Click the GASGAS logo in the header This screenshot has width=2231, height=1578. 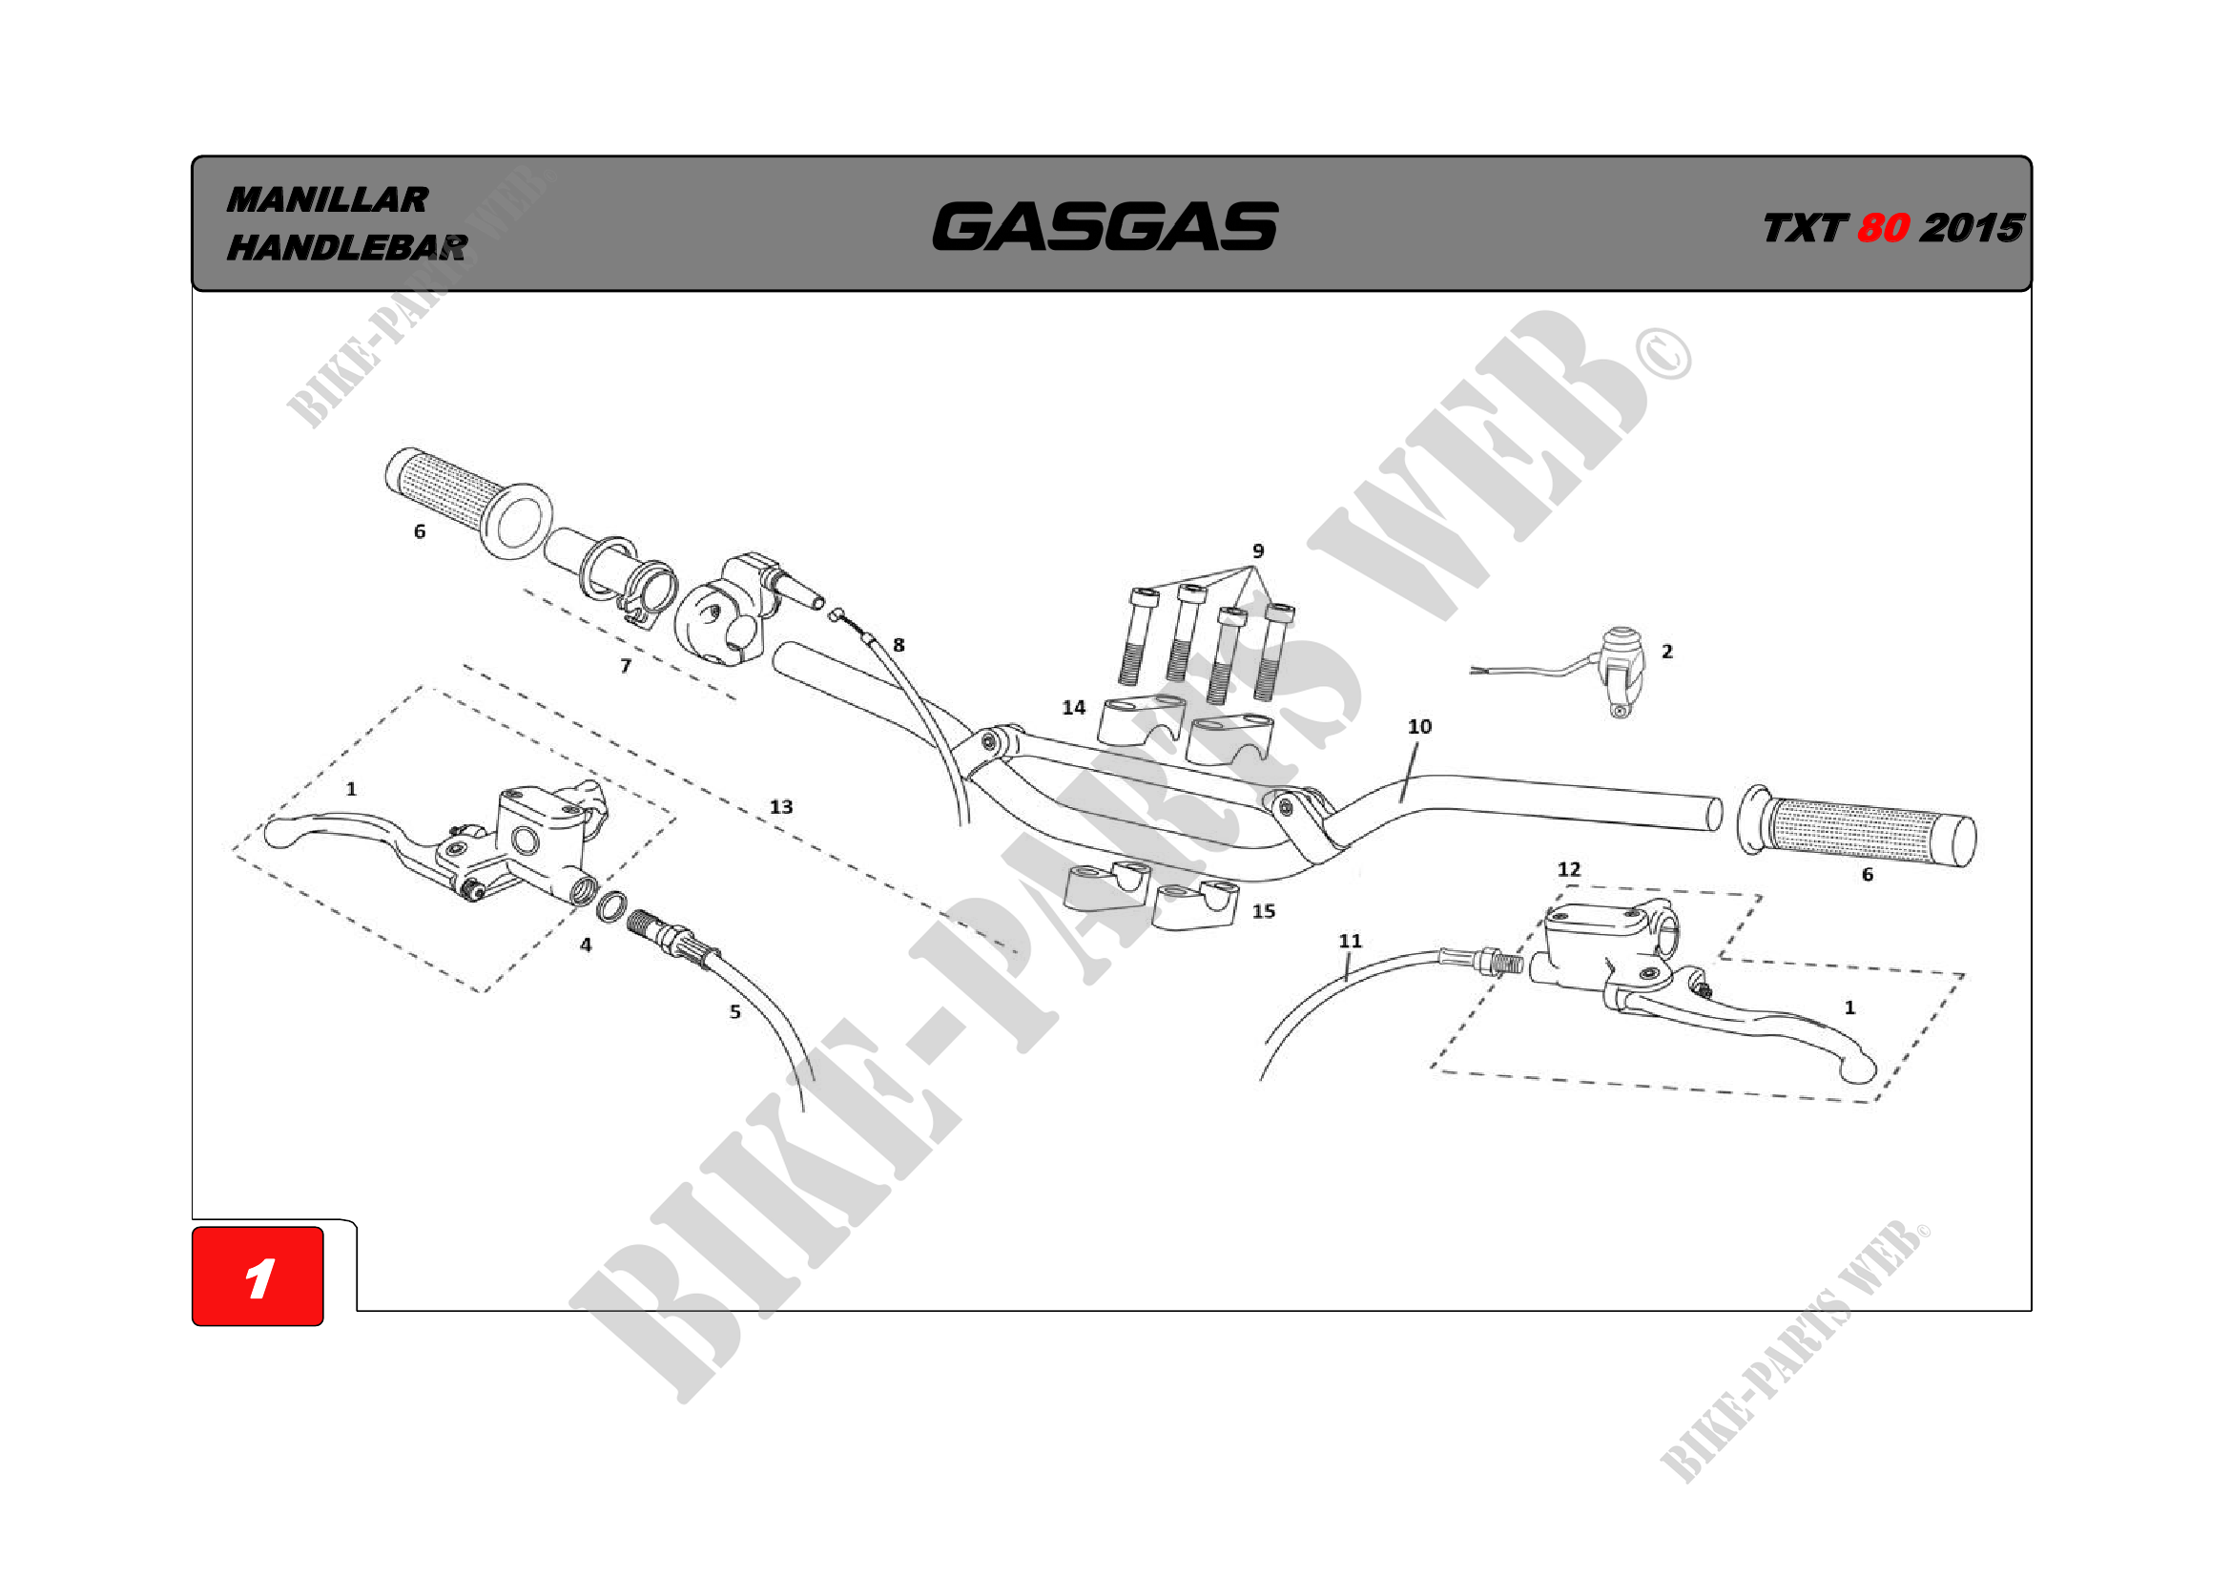1105,226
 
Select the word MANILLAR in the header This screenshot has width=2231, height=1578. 327,200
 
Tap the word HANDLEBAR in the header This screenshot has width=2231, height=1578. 347,248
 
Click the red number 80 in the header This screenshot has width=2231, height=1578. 1883,228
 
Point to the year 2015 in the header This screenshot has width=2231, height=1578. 1972,228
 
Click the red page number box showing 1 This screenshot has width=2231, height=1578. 258,1277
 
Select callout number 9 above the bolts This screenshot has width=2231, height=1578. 1258,550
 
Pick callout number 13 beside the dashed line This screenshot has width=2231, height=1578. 781,806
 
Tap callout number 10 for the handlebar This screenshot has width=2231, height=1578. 1419,726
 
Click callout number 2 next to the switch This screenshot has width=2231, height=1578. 1667,651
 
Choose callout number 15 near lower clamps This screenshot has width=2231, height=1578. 1264,910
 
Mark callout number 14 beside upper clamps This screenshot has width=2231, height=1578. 1074,707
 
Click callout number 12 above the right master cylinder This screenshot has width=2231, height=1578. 1569,869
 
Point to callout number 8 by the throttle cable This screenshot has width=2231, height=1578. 899,644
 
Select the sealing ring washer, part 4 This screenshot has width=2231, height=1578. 610,905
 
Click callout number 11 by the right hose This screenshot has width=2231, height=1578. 1351,941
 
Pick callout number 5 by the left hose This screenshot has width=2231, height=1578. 735,1011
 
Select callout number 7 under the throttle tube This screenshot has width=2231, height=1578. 626,666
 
